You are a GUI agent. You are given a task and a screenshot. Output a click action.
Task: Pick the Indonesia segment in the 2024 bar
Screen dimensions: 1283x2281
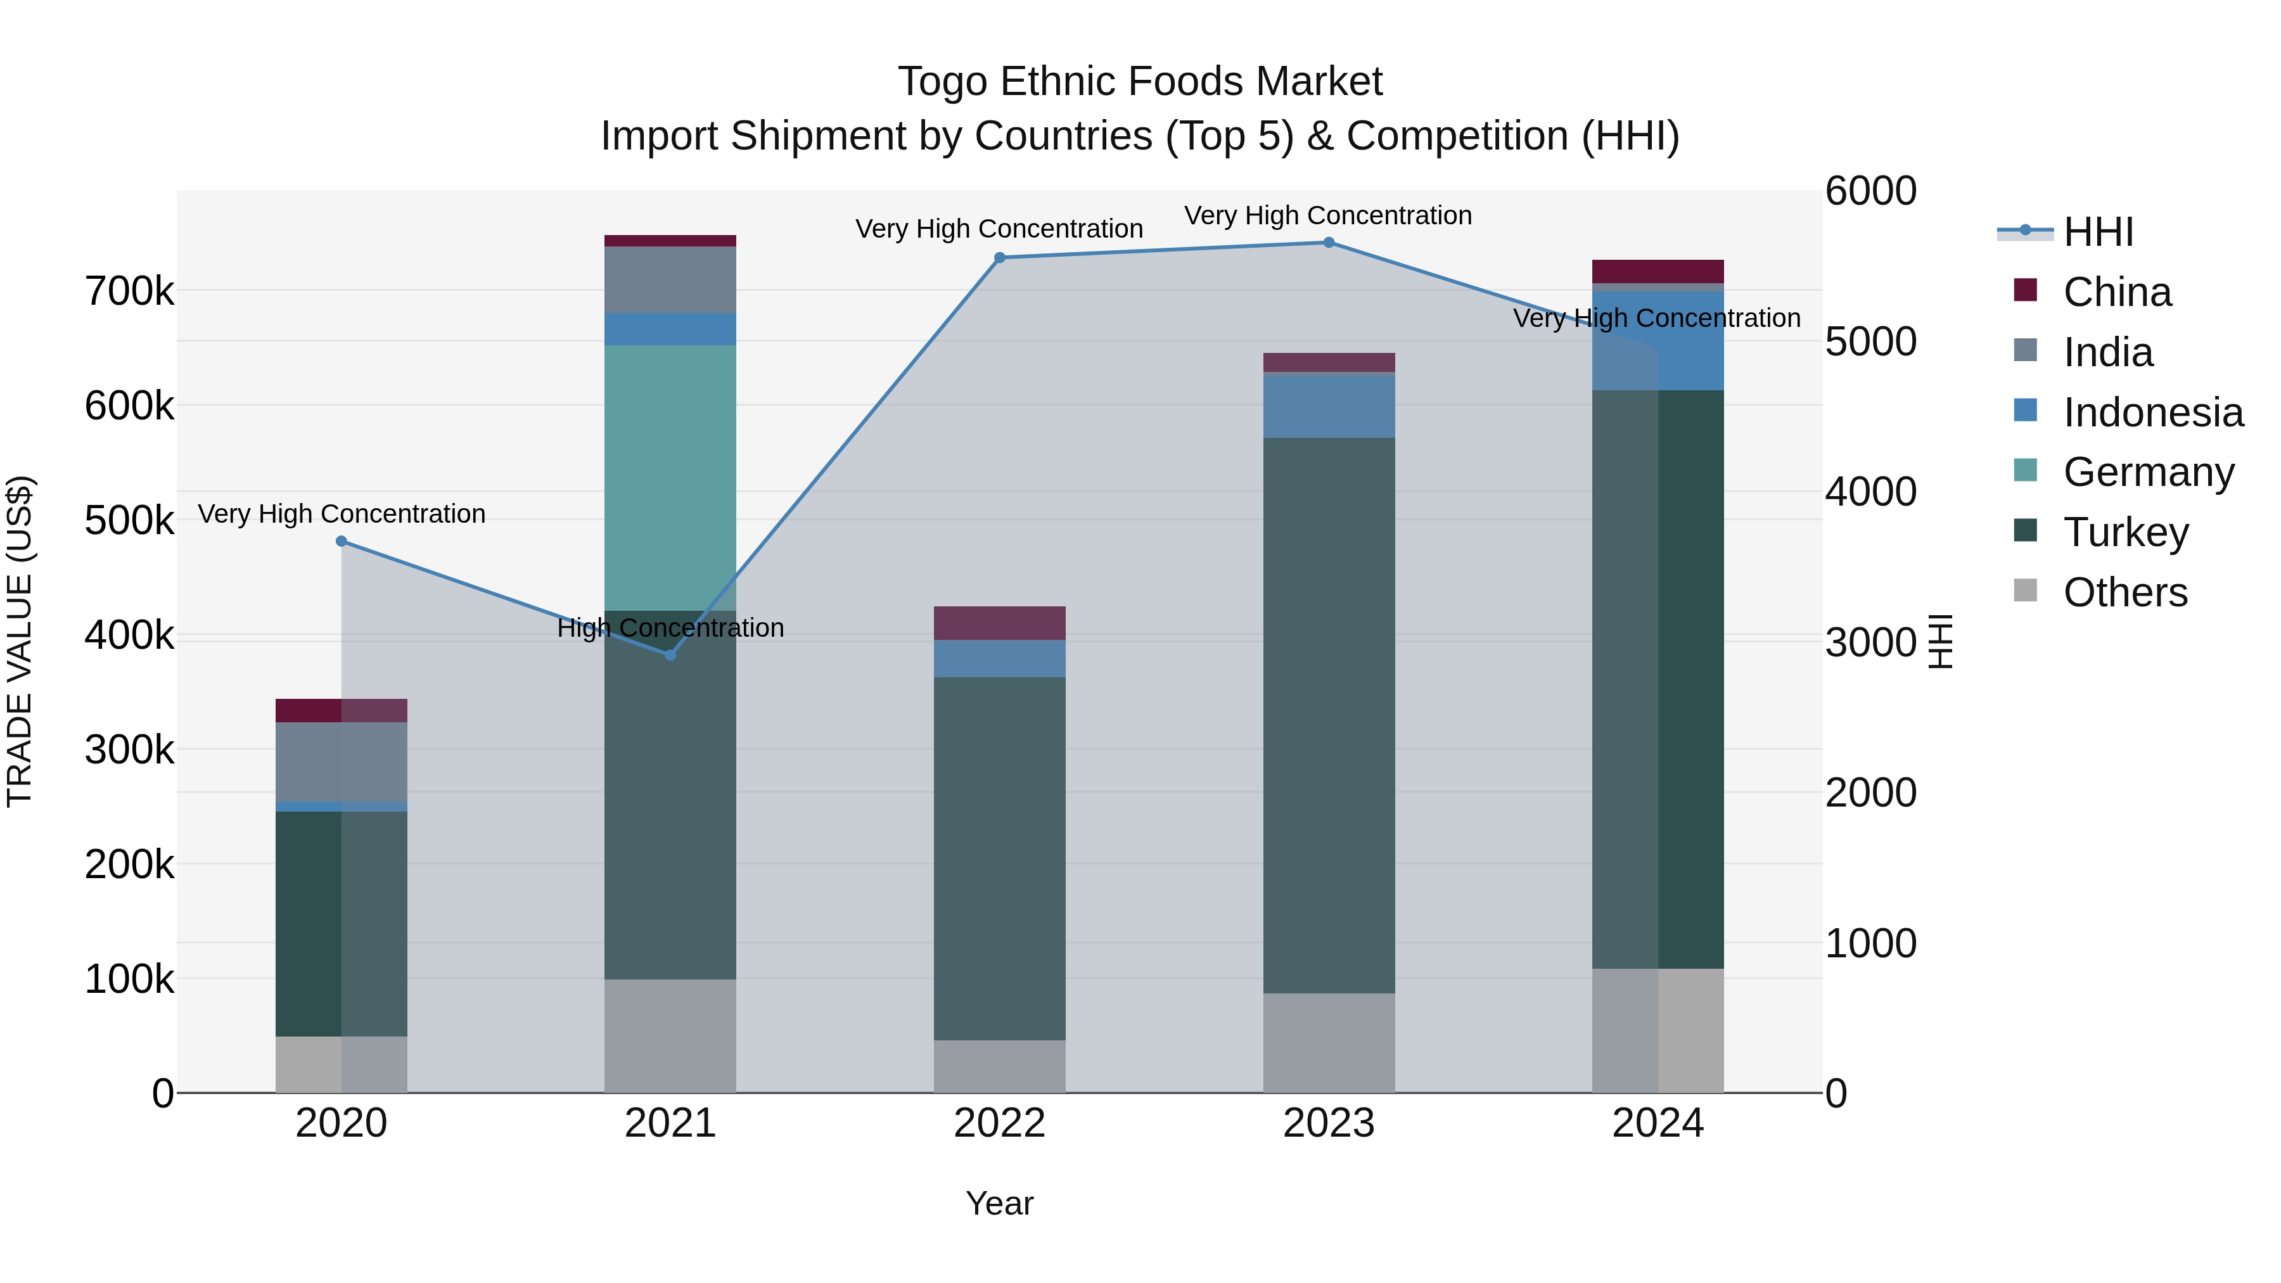1658,340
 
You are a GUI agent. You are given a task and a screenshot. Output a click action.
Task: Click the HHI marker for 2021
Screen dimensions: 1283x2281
670,654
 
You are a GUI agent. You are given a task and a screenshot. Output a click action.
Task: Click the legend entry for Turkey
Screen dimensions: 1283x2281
2125,532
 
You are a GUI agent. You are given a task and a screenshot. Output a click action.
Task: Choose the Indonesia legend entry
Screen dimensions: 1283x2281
2152,412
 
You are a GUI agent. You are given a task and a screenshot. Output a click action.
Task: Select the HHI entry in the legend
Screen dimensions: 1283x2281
2097,231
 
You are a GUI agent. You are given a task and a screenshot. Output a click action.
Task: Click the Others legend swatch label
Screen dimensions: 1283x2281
2124,592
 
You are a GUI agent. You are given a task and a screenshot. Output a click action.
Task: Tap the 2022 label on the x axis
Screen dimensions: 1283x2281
1000,1123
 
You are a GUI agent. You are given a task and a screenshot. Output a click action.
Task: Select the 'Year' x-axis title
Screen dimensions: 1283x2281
1000,1203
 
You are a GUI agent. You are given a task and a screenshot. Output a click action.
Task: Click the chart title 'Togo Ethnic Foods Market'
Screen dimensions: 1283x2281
1140,82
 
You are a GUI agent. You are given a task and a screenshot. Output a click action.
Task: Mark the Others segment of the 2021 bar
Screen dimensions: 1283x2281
670,1035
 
